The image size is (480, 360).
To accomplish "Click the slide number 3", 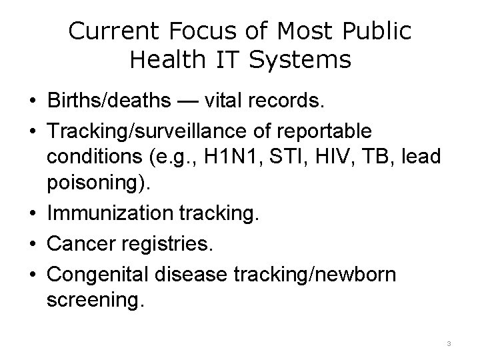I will pyautogui.click(x=449, y=343).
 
